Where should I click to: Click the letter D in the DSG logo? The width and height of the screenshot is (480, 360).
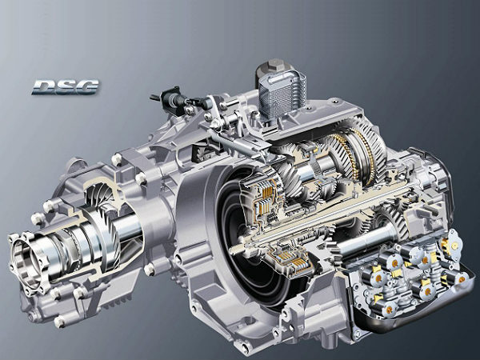pyautogui.click(x=44, y=87)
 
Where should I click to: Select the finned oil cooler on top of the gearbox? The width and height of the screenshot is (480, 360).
pyautogui.click(x=282, y=92)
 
